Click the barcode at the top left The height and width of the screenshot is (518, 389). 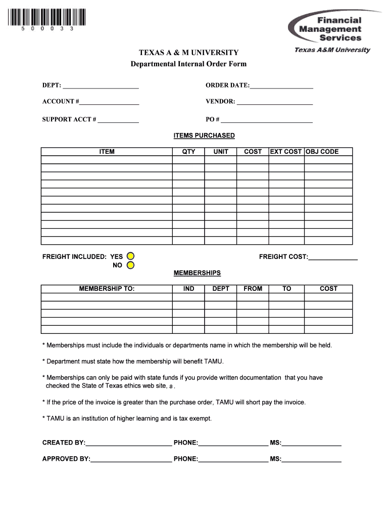pyautogui.click(x=47, y=18)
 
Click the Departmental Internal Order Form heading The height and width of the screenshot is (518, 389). pyautogui.click(x=188, y=64)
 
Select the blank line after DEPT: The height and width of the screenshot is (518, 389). pyautogui.click(x=101, y=85)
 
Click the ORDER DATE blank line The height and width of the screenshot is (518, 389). pyautogui.click(x=281, y=85)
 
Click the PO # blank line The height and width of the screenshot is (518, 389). pyautogui.click(x=266, y=120)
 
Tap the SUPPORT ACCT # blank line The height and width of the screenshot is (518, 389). pyautogui.click(x=118, y=120)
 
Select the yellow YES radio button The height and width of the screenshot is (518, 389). pyautogui.click(x=130, y=256)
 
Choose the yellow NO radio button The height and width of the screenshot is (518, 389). pyautogui.click(x=130, y=265)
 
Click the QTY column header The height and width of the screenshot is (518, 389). pyautogui.click(x=188, y=151)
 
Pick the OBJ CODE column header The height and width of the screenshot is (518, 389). pyautogui.click(x=322, y=151)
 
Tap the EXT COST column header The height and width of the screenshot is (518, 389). pyautogui.click(x=286, y=151)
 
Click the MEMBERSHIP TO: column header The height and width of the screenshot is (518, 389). pyautogui.click(x=107, y=288)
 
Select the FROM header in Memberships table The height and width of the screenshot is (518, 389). pyautogui.click(x=253, y=288)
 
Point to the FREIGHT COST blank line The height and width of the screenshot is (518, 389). pyautogui.click(x=332, y=257)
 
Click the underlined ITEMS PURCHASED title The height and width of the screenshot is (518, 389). pyautogui.click(x=204, y=136)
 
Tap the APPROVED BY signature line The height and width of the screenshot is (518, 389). pyautogui.click(x=131, y=460)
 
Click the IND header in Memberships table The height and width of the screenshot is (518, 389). pyautogui.click(x=188, y=288)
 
